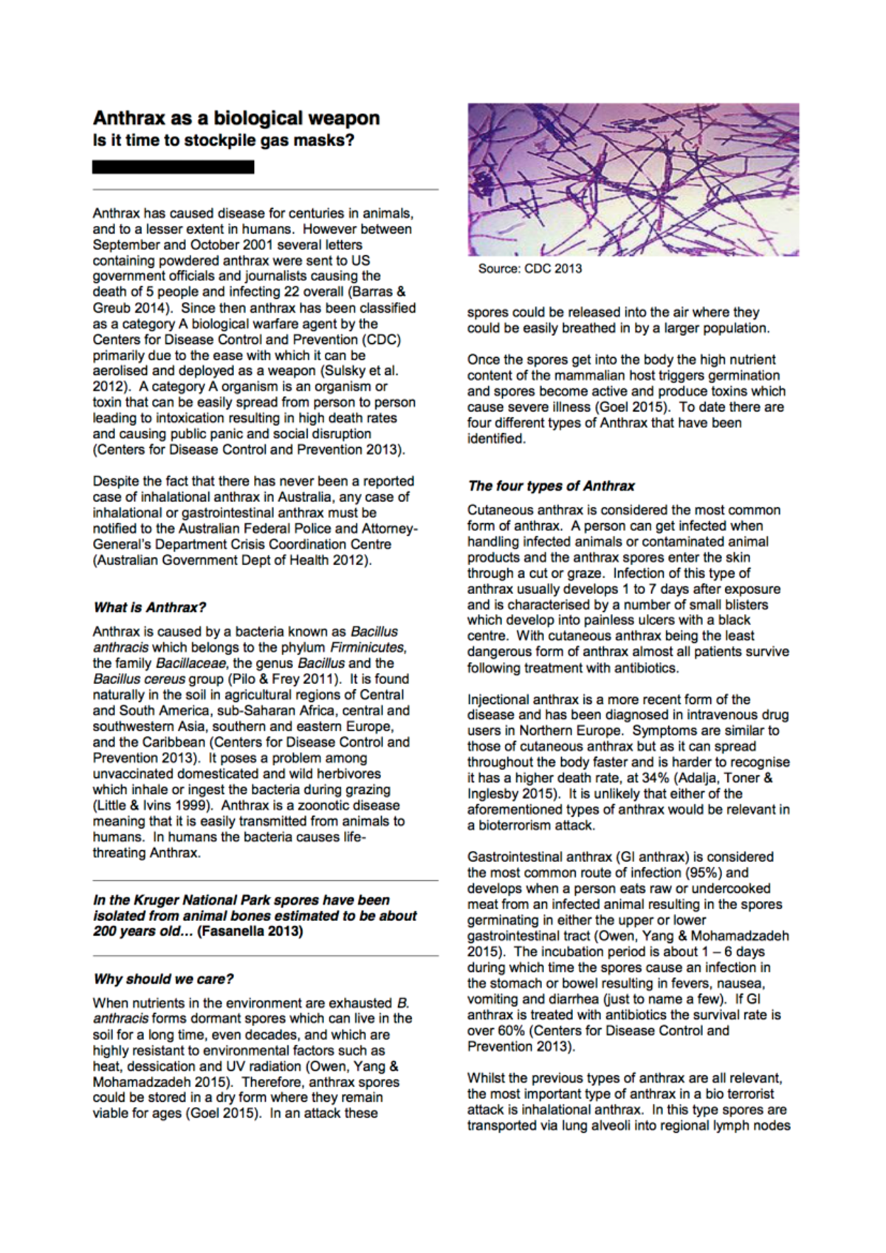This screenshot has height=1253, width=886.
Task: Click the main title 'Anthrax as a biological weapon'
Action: (236, 118)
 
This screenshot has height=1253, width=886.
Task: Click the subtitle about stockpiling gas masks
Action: (223, 140)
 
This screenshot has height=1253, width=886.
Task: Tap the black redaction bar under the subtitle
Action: (174, 168)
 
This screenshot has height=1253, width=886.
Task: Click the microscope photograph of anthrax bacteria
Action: (633, 179)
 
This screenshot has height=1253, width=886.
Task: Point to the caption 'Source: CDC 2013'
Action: (529, 269)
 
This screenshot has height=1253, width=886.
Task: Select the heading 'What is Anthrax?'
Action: (149, 607)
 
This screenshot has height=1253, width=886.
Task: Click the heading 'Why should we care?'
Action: (163, 979)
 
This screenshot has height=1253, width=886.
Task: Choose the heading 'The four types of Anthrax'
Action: (551, 486)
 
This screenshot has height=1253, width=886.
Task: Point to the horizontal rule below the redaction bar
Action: (265, 190)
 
